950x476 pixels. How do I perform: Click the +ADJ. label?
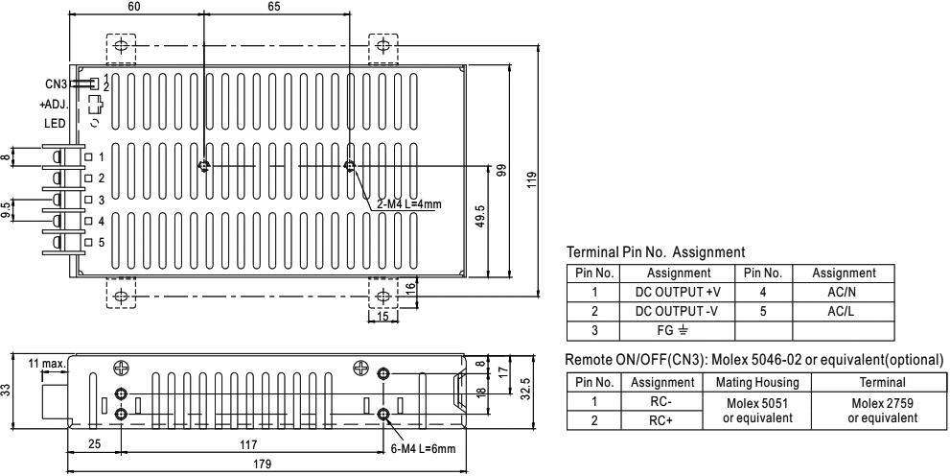click(x=54, y=104)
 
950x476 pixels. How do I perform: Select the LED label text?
click(x=54, y=122)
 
